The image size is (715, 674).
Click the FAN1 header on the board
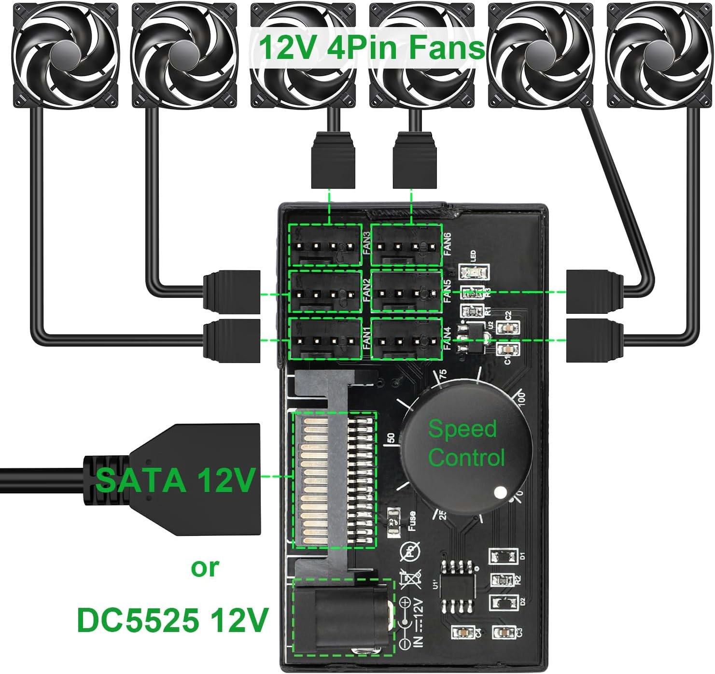325,339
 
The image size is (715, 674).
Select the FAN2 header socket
325,292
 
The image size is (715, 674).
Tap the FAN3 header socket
325,245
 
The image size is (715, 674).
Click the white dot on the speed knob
501,492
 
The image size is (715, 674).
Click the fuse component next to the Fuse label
392,520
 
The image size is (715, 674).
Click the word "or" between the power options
205,568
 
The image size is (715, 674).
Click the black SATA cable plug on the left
193,480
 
